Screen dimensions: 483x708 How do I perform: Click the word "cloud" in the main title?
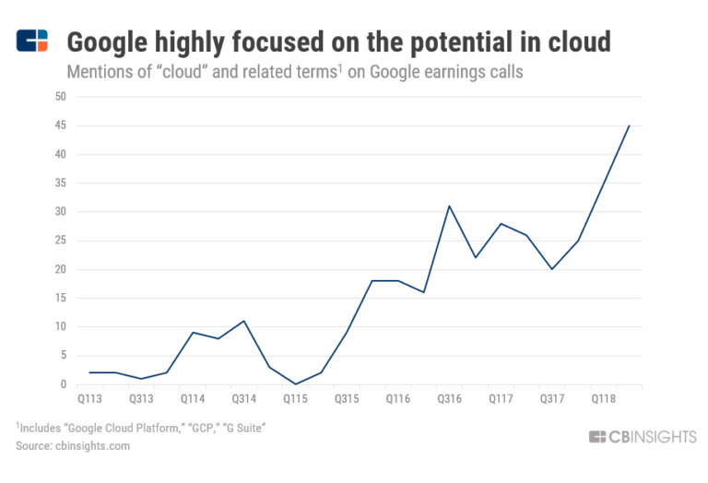[575, 41]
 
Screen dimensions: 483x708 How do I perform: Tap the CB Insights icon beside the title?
[32, 41]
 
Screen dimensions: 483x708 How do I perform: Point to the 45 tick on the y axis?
[60, 125]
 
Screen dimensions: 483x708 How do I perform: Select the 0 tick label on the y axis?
[63, 384]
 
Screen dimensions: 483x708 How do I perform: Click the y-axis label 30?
[60, 212]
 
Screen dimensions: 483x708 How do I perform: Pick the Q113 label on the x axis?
[89, 399]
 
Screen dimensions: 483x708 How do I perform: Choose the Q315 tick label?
[347, 399]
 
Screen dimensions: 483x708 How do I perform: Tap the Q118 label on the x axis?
[604, 399]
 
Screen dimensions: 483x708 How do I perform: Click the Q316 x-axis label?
[449, 399]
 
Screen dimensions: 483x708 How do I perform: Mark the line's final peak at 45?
[629, 125]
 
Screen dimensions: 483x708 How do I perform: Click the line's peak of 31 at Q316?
[449, 206]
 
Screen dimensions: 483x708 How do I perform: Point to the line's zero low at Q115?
[295, 383]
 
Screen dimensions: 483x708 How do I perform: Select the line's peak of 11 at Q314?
[243, 321]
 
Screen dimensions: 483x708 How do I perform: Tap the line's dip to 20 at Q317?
[552, 269]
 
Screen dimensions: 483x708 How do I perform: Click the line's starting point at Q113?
[89, 372]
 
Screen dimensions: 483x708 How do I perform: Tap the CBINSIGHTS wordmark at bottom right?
[643, 437]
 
